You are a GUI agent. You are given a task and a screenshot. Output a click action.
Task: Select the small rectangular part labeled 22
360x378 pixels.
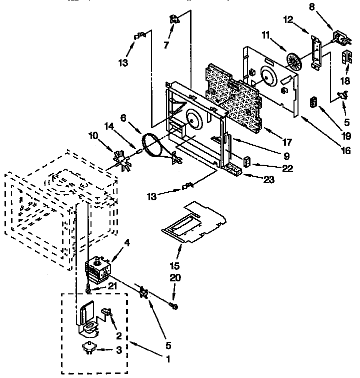click(x=247, y=162)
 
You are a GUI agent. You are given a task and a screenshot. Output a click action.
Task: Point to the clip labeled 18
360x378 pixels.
click(x=345, y=58)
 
